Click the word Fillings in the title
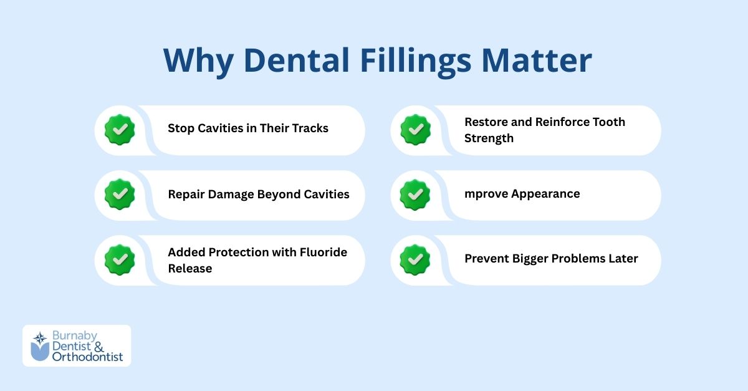(415, 61)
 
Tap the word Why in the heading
(198, 62)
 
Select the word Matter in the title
(537, 60)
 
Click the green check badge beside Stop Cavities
(120, 130)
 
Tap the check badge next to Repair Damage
(120, 195)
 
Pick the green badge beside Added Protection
(120, 259)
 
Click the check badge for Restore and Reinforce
(415, 130)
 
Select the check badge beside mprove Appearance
(415, 195)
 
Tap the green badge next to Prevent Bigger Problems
(415, 259)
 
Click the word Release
(190, 269)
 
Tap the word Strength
(489, 138)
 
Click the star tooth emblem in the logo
(40, 346)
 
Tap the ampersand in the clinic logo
(98, 347)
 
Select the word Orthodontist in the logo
(87, 357)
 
